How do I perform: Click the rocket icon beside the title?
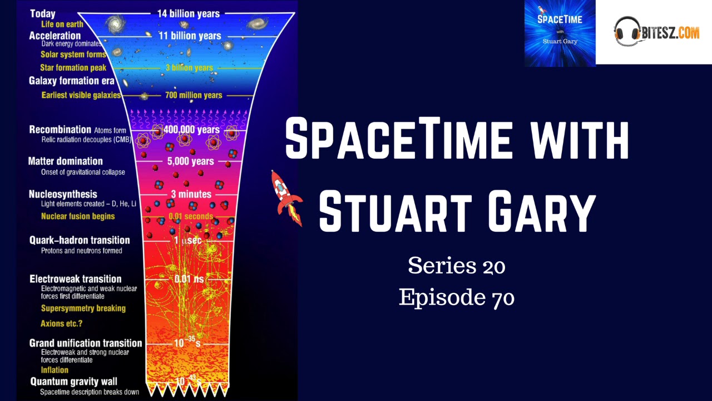(286, 198)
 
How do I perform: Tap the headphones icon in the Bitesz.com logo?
(626, 31)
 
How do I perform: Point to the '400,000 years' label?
(192, 130)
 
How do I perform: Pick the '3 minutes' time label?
(191, 194)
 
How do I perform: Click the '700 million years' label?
(194, 95)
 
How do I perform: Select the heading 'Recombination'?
(60, 130)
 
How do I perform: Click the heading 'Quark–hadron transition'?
(80, 240)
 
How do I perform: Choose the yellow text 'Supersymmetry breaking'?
(83, 308)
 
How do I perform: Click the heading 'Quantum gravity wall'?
(76, 382)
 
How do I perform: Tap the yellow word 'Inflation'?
(55, 370)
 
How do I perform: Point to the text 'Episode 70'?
(456, 298)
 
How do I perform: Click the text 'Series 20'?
(456, 266)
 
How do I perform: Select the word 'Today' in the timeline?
(42, 14)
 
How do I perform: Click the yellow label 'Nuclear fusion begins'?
(78, 216)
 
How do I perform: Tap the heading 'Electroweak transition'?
(75, 278)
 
